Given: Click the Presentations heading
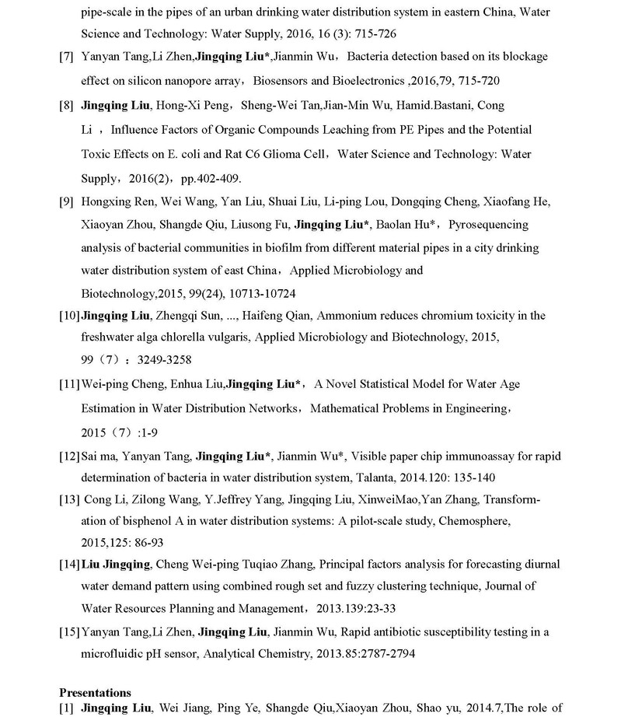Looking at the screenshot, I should [96, 692].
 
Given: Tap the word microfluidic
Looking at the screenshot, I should [110, 654].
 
